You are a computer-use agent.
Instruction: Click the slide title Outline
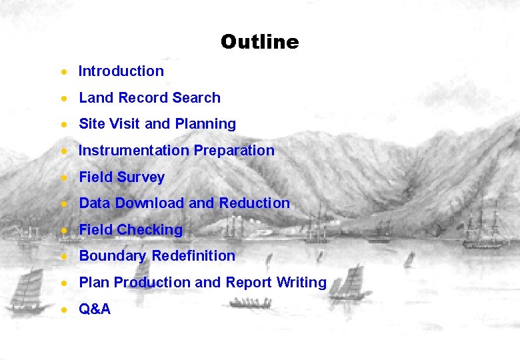(x=259, y=42)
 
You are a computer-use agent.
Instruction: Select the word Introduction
(x=121, y=71)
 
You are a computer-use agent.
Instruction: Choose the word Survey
(x=140, y=177)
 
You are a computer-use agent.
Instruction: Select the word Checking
(x=149, y=229)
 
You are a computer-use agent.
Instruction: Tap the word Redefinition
(x=193, y=255)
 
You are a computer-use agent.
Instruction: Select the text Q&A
(x=95, y=309)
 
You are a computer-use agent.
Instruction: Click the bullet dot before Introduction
(x=63, y=71)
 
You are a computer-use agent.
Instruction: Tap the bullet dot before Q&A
(x=63, y=309)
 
